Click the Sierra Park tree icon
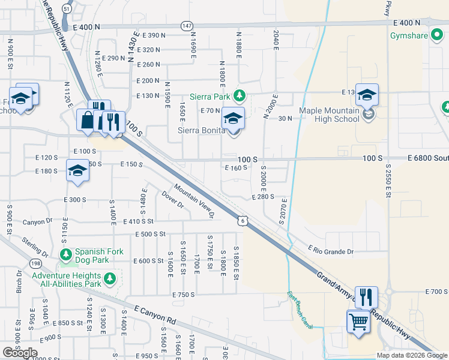pyautogui.click(x=240, y=95)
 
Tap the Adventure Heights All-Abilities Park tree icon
pyautogui.click(x=109, y=278)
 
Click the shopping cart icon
pyautogui.click(x=358, y=322)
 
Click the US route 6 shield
pyautogui.click(x=241, y=221)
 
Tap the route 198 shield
pyautogui.click(x=35, y=263)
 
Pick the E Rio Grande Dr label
pyautogui.click(x=331, y=249)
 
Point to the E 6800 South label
pyautogui.click(x=427, y=159)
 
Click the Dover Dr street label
pyautogui.click(x=173, y=199)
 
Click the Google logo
pyautogui.click(x=20, y=353)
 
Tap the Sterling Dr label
pyautogui.click(x=36, y=247)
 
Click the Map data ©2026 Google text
pyautogui.click(x=411, y=355)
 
